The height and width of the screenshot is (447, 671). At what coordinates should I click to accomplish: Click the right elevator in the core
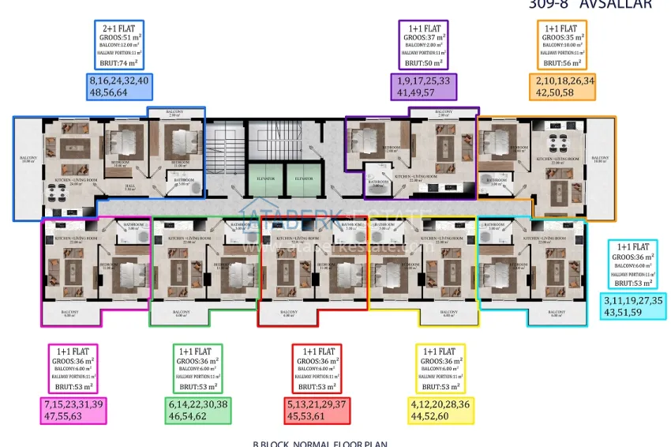tap(303, 180)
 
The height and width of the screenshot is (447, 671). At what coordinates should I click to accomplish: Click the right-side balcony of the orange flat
tap(600, 162)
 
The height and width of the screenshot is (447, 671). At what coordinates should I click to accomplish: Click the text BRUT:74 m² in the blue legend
tap(118, 62)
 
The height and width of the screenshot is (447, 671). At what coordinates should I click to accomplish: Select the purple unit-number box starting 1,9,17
tap(423, 87)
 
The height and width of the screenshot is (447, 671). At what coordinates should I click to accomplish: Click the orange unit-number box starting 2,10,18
tap(565, 87)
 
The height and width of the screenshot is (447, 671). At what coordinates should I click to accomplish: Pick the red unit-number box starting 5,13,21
tap(317, 411)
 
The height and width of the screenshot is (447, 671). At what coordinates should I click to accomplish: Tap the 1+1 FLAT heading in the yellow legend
tap(440, 351)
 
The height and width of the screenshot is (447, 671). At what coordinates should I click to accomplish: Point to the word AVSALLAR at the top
tap(616, 4)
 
